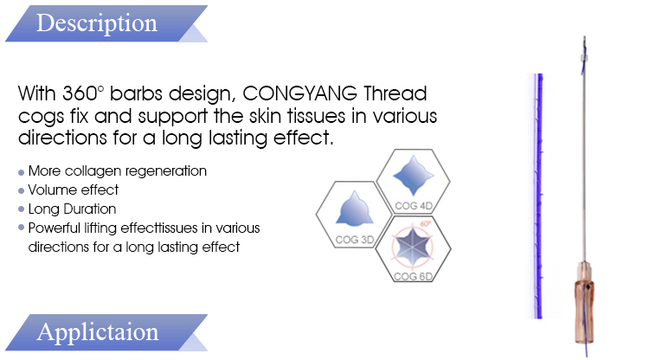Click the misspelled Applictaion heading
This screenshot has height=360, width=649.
click(x=97, y=332)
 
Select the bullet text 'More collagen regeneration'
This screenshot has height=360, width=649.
click(x=117, y=171)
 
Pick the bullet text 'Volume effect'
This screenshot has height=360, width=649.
click(x=74, y=190)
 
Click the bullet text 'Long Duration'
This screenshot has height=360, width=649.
click(x=72, y=209)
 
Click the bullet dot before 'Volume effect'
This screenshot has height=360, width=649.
click(x=21, y=190)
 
